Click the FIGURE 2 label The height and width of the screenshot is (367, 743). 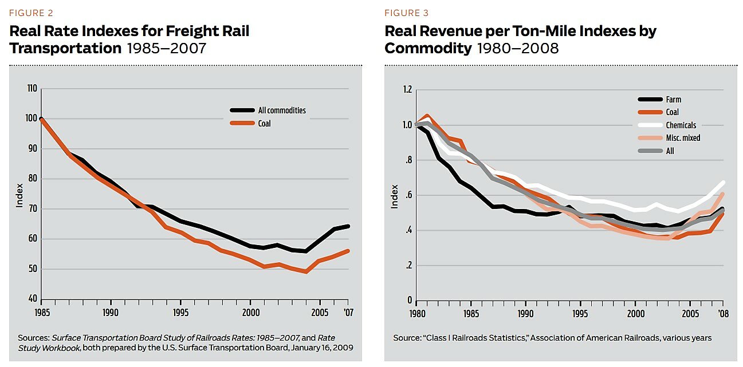tap(31, 13)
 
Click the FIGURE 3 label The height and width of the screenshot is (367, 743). tap(406, 13)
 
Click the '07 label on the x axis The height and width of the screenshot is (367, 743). tap(348, 313)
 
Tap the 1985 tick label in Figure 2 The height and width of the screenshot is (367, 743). tap(41, 313)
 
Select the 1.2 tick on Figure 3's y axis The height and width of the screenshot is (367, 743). tap(407, 89)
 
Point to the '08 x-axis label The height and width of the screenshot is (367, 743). tap(724, 314)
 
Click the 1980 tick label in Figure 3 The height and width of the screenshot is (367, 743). tap(417, 314)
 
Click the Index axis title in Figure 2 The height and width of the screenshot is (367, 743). tap(19, 194)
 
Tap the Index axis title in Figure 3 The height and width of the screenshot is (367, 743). tap(394, 196)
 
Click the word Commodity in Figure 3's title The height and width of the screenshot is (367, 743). tap(428, 48)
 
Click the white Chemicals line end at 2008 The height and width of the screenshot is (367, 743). tap(723, 182)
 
